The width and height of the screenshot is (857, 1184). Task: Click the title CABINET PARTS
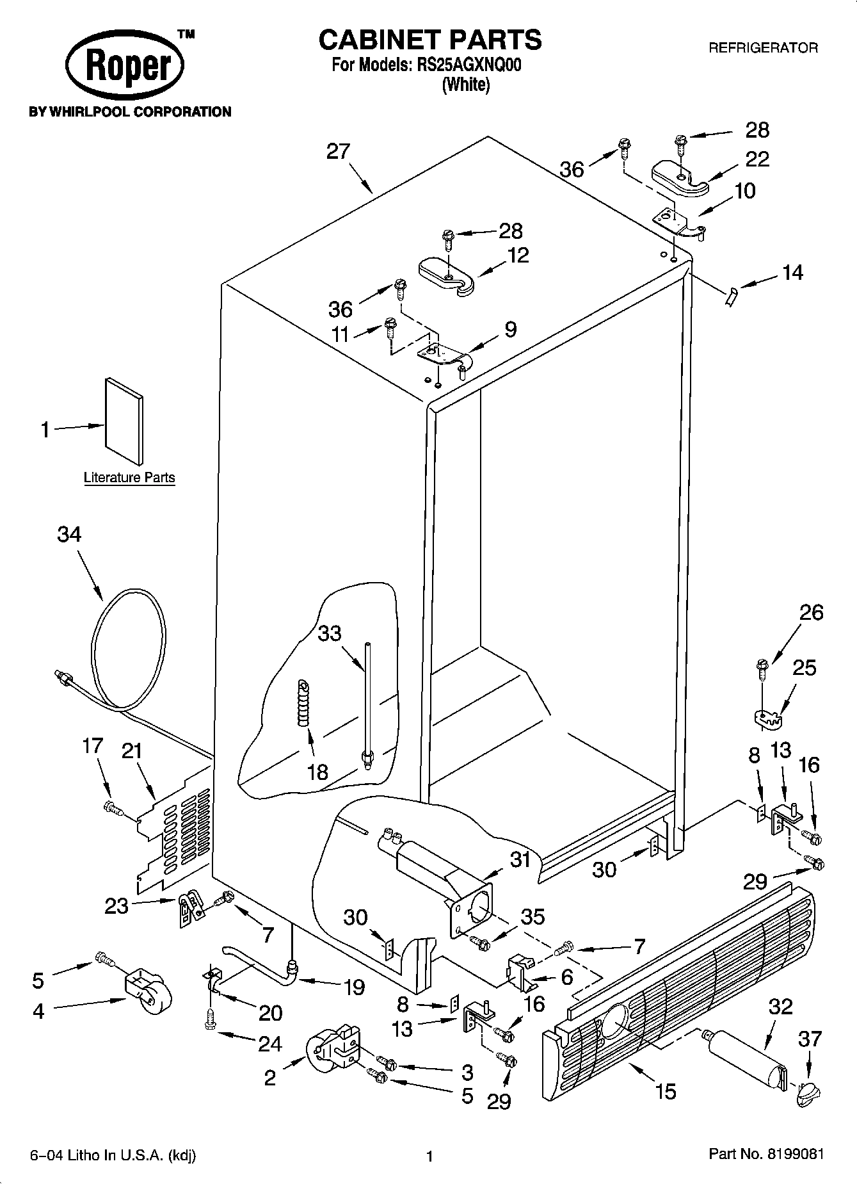429,40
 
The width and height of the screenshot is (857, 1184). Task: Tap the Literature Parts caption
129,478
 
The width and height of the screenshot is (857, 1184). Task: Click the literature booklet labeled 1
124,420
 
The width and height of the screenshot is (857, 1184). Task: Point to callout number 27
338,152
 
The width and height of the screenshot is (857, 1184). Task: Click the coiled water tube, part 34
128,647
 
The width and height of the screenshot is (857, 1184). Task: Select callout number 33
330,633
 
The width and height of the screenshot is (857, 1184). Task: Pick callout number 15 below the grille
666,1091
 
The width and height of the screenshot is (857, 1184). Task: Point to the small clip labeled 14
732,296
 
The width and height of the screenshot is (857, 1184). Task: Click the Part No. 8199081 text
765,1155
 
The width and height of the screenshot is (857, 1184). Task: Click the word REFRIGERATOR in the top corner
762,48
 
